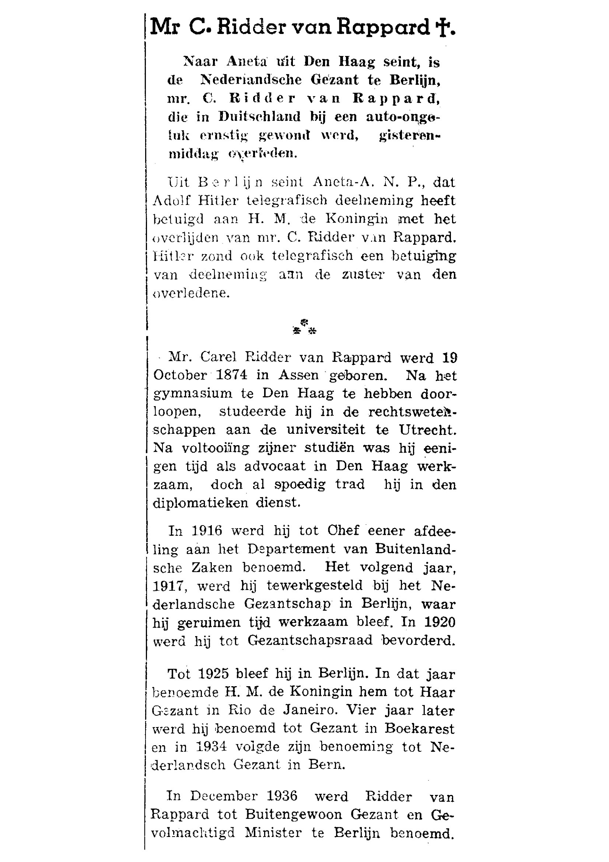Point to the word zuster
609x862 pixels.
click(358, 275)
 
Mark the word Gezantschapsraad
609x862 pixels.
click(310, 641)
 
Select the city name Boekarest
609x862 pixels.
click(419, 729)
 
